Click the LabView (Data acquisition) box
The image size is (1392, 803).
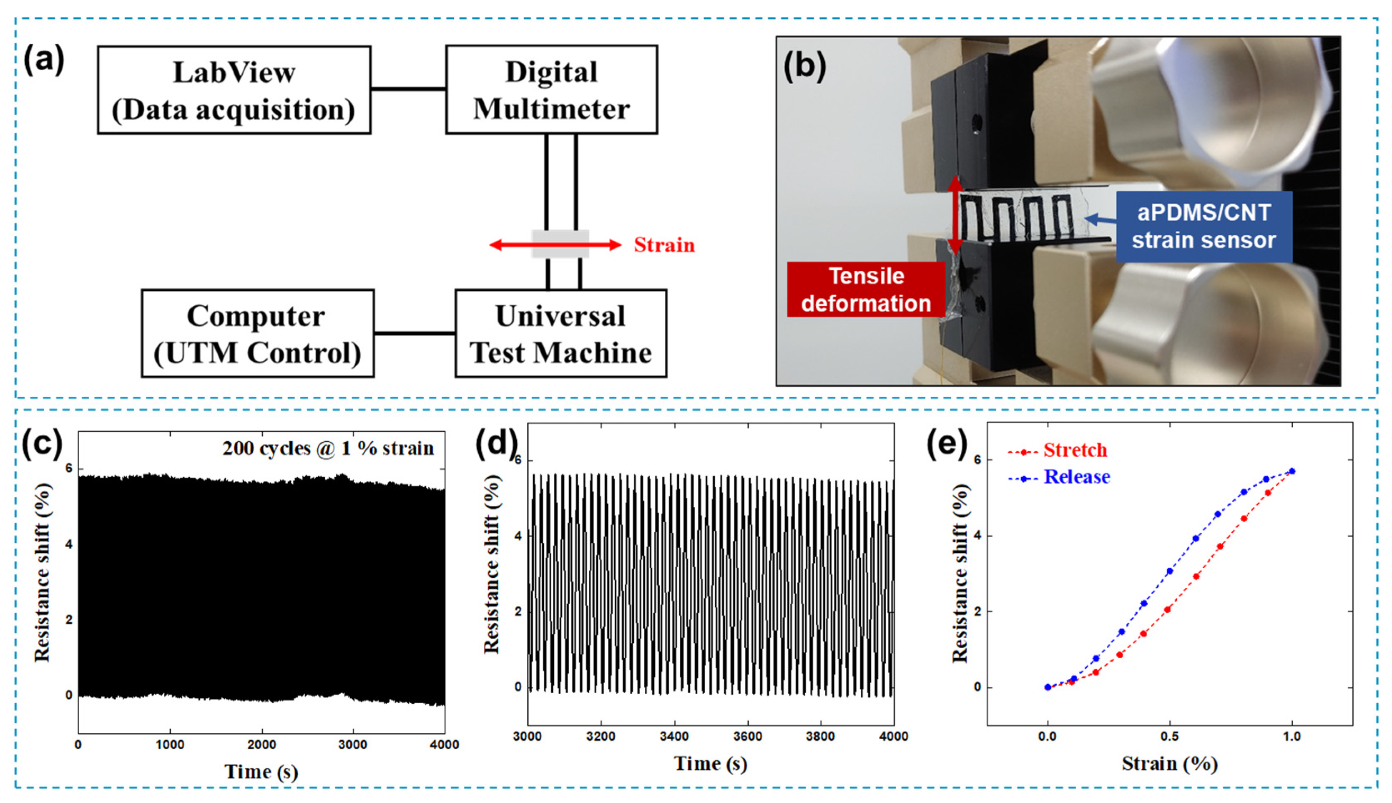click(234, 90)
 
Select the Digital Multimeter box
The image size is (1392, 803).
click(551, 90)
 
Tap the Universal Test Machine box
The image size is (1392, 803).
click(560, 334)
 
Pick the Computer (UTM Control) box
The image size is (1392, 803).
click(257, 334)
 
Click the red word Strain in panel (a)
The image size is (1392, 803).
click(664, 245)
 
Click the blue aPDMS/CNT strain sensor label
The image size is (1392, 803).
click(1204, 226)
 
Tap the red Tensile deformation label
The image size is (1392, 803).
click(866, 289)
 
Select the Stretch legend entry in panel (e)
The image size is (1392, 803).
click(1075, 450)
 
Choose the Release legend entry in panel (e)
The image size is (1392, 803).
click(1076, 476)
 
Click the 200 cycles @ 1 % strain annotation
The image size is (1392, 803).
click(328, 448)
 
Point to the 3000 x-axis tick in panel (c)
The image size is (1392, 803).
click(353, 745)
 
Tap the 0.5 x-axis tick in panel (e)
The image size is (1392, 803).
click(1169, 736)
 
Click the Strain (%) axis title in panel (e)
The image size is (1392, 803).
click(1169, 763)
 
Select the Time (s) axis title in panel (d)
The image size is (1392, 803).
click(710, 763)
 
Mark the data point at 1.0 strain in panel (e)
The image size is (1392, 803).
click(1291, 471)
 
